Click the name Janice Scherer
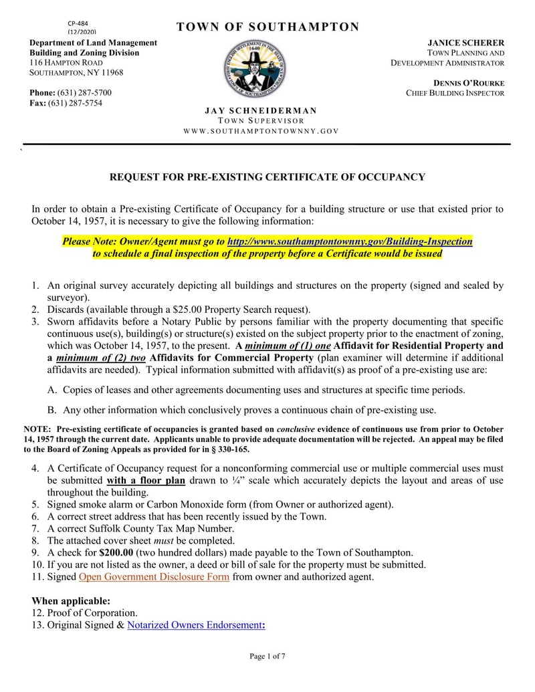tap(466, 42)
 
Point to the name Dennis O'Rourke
tap(469, 83)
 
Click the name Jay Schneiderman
tap(261, 110)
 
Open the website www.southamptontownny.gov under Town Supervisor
tap(261, 131)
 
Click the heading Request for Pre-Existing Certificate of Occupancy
tap(267, 177)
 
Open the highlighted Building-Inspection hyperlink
tap(350, 241)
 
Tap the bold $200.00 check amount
tap(116, 552)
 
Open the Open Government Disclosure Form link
tap(154, 576)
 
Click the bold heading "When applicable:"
tap(71, 600)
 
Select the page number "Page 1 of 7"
tap(267, 656)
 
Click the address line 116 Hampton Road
tap(66, 62)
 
